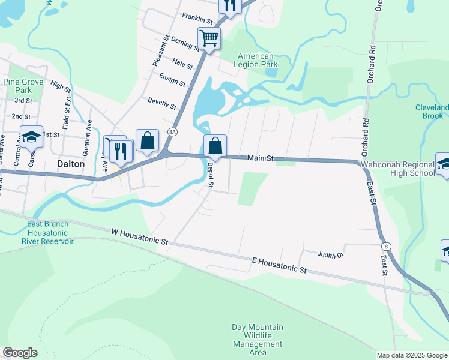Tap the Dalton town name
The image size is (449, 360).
[70, 163]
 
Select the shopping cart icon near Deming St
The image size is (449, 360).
[209, 38]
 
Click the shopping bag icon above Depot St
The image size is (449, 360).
[215, 145]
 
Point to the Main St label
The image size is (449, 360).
[261, 158]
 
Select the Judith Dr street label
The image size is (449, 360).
[330, 255]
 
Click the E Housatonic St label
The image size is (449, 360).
[279, 266]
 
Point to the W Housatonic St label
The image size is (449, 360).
[140, 236]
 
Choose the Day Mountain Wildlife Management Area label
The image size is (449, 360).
[258, 340]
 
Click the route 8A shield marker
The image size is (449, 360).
[173, 131]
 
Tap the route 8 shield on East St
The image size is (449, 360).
[385, 246]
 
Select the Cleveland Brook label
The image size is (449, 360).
[432, 112]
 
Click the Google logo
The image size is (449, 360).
[20, 353]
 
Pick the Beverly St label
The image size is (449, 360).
[162, 103]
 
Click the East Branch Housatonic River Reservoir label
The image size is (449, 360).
[47, 233]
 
